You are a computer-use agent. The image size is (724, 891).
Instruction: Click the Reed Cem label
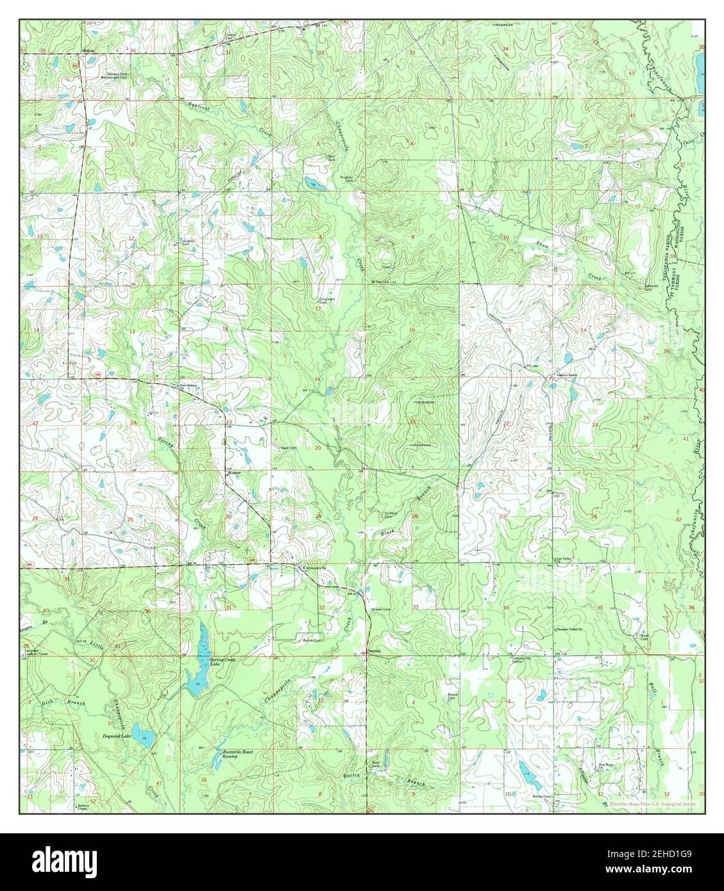pyautogui.click(x=288, y=448)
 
